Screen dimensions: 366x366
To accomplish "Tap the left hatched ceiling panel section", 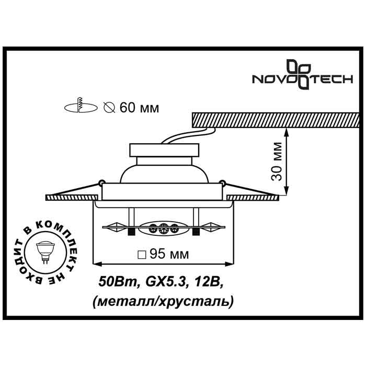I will [x=68, y=198].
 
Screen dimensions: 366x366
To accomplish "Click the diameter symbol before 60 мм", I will [x=109, y=108].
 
